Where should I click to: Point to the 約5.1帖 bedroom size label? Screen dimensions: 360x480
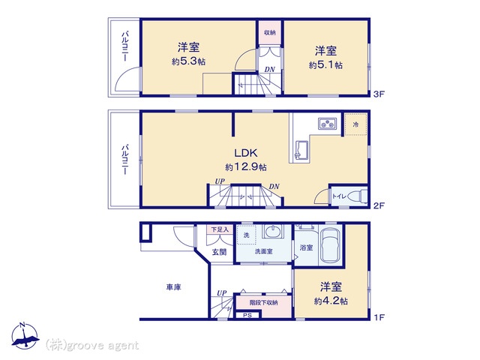point(325,65)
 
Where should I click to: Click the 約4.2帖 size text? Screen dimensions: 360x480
point(331,300)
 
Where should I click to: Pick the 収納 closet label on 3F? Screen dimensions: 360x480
point(269,33)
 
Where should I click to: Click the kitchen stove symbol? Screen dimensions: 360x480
point(328,124)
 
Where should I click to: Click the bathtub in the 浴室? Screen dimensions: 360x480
point(331,246)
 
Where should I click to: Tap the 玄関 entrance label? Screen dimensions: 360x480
point(217,252)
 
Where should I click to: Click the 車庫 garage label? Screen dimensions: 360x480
point(174,286)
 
